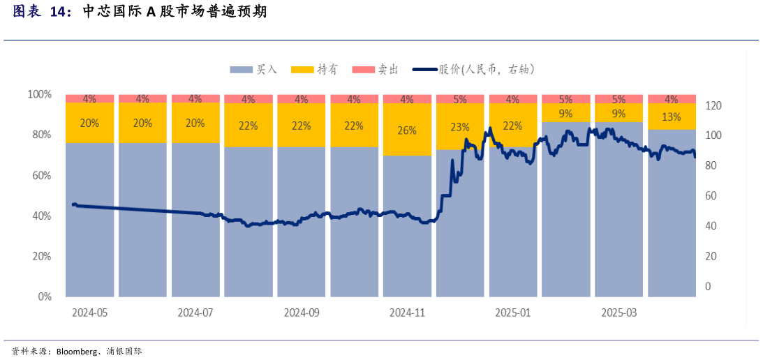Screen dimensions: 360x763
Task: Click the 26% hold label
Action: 407,130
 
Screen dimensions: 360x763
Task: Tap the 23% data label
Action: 460,127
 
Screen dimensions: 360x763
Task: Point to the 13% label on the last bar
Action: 672,117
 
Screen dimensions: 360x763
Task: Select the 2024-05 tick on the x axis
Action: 89,313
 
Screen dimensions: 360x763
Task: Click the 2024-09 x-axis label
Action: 302,313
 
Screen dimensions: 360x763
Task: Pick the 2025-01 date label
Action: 513,313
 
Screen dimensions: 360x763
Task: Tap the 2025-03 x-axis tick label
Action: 619,313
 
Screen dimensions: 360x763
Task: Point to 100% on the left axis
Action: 39,94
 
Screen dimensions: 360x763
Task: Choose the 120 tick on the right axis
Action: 713,106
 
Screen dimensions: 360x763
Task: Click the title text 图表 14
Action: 42,12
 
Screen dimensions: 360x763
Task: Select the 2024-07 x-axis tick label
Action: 195,313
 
